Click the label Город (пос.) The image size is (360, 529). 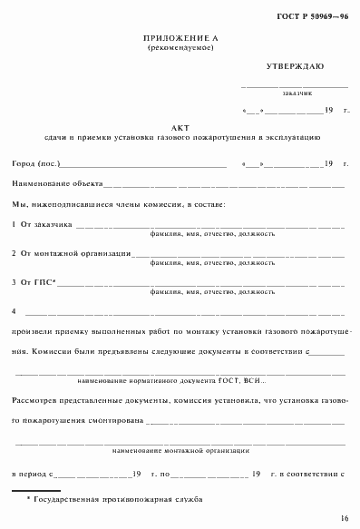coord(33,164)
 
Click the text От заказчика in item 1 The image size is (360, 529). coord(40,224)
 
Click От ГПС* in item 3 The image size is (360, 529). coord(35,282)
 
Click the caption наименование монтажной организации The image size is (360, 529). coord(181,450)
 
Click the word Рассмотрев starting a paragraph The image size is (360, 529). coord(34,400)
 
